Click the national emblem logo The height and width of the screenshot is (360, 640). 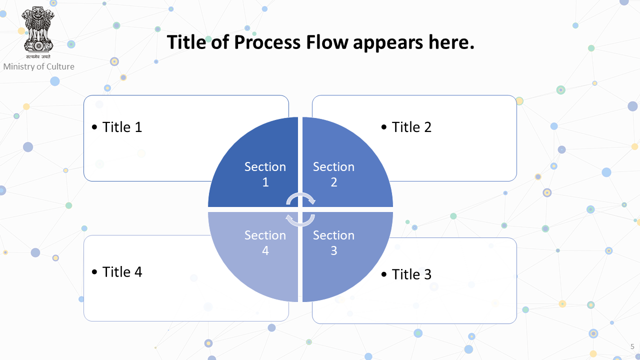click(x=38, y=32)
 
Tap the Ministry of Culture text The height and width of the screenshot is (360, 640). click(x=39, y=66)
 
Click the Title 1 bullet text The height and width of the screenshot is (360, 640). click(x=122, y=127)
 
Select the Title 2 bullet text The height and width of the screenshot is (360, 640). click(x=411, y=127)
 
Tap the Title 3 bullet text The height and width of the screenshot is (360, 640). click(x=411, y=274)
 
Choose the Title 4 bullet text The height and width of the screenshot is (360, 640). click(x=122, y=271)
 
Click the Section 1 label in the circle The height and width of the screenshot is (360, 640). click(x=265, y=174)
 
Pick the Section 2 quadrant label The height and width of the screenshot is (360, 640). click(x=333, y=174)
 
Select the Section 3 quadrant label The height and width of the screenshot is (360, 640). click(x=333, y=243)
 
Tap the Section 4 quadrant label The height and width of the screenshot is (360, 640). click(x=265, y=243)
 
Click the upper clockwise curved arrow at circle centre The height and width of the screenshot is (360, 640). click(x=300, y=194)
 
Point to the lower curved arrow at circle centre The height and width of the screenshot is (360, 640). click(x=300, y=225)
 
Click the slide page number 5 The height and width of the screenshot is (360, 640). click(x=632, y=347)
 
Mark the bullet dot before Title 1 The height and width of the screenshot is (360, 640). click(x=94, y=127)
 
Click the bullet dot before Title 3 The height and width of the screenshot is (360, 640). click(x=384, y=274)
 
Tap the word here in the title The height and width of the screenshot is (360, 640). click(x=451, y=42)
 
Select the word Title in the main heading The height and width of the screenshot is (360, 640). click(x=186, y=42)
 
